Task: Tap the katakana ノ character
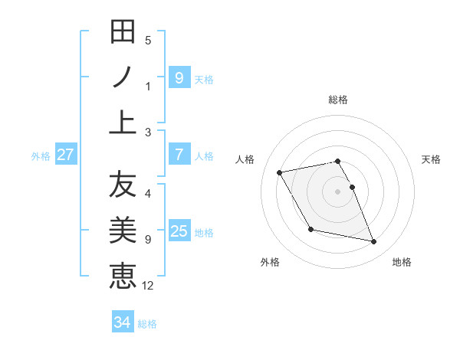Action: (x=123, y=77)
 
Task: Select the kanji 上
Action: (x=123, y=121)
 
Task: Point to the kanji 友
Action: (x=123, y=185)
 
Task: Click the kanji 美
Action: (x=123, y=230)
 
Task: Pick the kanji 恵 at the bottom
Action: (x=123, y=275)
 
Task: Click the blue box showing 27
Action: (x=65, y=155)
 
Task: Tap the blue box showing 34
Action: (x=122, y=322)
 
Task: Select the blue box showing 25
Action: (x=179, y=231)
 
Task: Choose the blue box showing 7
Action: (x=179, y=155)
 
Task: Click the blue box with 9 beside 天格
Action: (x=179, y=78)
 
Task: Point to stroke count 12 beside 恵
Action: (x=148, y=286)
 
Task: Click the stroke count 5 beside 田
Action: (x=148, y=41)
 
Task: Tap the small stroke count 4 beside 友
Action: (x=148, y=194)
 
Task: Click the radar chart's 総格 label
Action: (x=337, y=100)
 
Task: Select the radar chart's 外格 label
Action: (x=270, y=262)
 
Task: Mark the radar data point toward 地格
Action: (x=374, y=242)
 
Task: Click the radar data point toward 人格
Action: (x=280, y=172)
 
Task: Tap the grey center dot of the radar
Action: (x=337, y=191)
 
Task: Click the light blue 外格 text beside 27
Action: (x=41, y=155)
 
